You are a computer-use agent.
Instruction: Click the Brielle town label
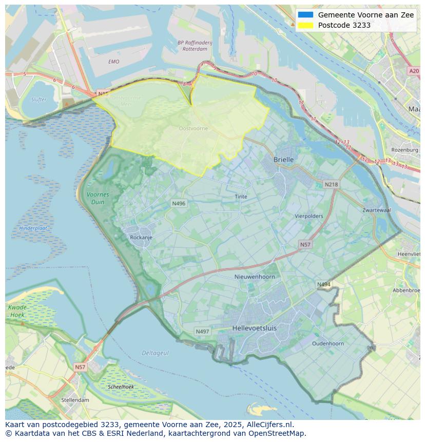283,160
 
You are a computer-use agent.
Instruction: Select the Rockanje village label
141,238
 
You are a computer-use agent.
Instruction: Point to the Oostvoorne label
194,128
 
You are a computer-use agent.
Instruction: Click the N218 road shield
331,184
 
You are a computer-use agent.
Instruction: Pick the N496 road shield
178,204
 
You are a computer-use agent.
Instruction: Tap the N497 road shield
202,332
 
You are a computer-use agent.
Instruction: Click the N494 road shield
323,284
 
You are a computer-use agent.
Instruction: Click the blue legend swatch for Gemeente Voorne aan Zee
305,15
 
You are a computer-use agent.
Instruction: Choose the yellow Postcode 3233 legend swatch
305,25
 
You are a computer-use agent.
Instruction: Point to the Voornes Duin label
98,198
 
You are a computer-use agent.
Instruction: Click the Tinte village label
241,197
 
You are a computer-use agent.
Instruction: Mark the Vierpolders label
308,216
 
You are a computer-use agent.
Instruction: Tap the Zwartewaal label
376,210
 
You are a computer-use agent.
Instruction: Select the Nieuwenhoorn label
255,277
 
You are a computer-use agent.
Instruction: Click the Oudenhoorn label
328,343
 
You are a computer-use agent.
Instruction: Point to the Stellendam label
75,400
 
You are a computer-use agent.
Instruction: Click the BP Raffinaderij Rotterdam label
192,46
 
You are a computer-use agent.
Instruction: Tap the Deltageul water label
155,353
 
